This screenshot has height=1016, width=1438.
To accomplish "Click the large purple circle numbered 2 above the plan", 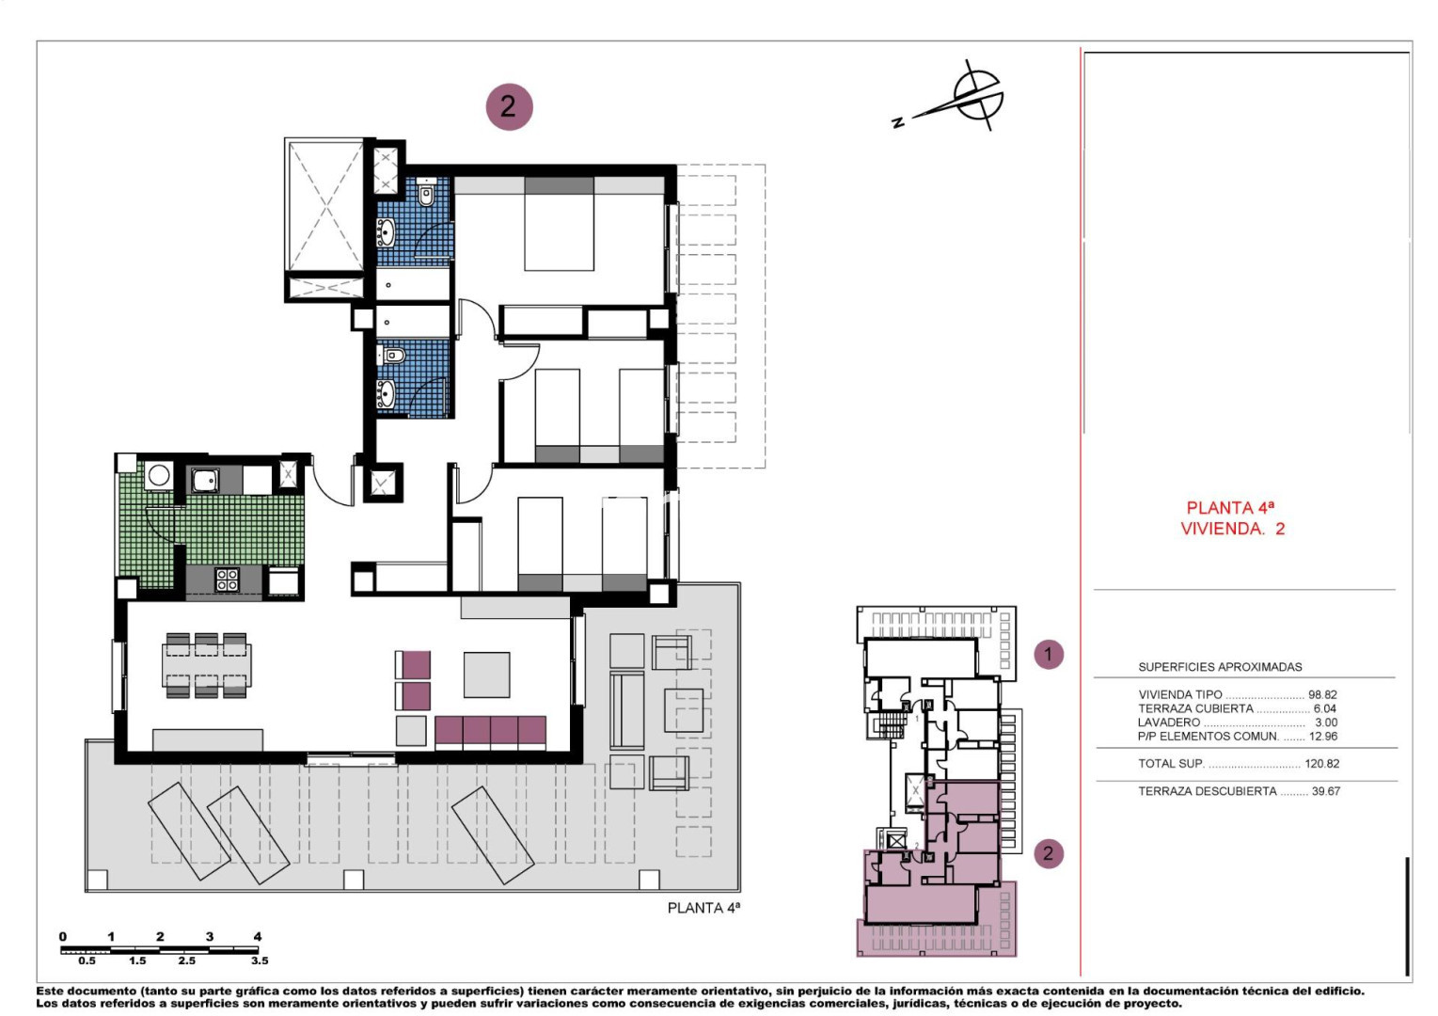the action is [x=509, y=106].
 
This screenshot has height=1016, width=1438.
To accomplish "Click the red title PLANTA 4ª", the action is [x=1230, y=508].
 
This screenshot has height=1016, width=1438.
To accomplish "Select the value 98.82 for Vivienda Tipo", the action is [x=1322, y=695].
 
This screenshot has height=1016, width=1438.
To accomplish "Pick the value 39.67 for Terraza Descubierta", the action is [x=1326, y=791].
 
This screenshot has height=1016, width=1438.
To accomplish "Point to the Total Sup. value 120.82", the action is [x=1321, y=764].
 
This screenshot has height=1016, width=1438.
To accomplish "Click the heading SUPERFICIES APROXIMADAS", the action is [x=1220, y=667].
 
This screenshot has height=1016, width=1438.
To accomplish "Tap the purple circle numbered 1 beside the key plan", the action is [x=1049, y=655].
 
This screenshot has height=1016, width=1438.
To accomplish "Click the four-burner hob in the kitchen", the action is [x=228, y=579].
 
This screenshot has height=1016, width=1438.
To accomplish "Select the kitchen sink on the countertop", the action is [x=204, y=480].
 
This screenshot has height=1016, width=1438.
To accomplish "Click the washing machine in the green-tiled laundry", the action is [x=159, y=476].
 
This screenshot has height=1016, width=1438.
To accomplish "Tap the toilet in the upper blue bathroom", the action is [x=426, y=191].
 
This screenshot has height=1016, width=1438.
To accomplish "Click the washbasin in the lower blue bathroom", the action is [x=387, y=393].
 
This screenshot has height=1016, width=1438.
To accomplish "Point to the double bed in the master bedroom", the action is [x=559, y=224].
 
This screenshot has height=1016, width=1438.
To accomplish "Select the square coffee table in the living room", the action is [x=486, y=675].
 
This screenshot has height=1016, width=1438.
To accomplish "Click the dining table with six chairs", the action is [x=206, y=665].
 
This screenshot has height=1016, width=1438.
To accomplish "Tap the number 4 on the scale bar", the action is [x=258, y=936].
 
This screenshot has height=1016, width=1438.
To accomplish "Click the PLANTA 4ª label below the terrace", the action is [x=703, y=908].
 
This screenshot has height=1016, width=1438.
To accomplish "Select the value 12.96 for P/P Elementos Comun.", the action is [x=1322, y=737].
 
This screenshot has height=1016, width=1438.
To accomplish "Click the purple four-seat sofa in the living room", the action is [x=490, y=733].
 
